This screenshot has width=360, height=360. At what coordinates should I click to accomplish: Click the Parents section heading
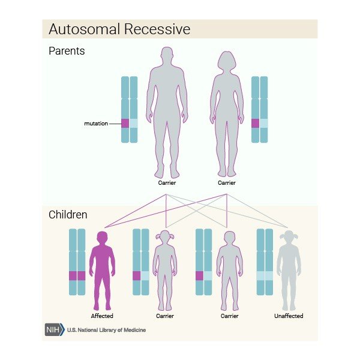[67, 51]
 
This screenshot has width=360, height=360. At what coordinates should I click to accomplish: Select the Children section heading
[68, 214]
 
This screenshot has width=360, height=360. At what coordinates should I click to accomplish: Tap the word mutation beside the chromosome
[96, 124]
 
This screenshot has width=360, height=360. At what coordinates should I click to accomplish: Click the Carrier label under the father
[167, 182]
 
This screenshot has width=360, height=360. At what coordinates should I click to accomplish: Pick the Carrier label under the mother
[226, 182]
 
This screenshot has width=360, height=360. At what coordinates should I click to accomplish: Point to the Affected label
[102, 316]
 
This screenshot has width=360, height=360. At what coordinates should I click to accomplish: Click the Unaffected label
[289, 316]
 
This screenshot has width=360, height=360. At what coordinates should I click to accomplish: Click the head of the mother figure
[227, 61]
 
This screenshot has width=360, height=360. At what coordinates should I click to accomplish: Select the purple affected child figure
[102, 270]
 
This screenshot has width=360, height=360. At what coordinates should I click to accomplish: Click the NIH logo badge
[54, 330]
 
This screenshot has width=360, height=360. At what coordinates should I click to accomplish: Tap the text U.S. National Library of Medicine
[106, 330]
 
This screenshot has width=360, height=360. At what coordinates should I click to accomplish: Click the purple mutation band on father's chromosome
[125, 123]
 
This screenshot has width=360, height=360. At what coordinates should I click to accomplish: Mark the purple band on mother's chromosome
[255, 123]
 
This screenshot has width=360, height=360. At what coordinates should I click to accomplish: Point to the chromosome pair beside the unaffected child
[265, 262]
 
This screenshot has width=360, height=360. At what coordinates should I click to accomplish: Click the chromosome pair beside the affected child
[77, 262]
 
